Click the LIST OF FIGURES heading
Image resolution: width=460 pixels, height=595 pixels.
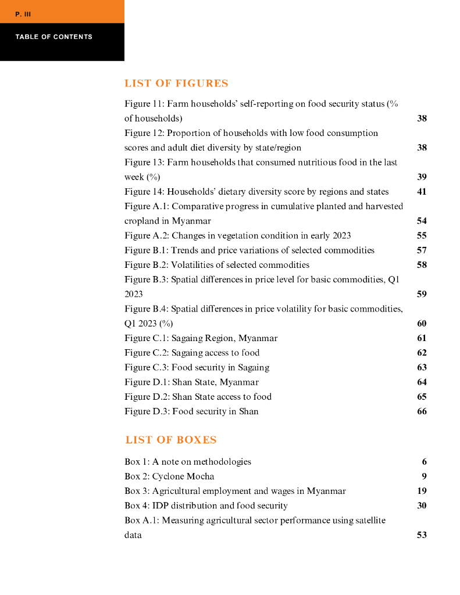pos(176,84)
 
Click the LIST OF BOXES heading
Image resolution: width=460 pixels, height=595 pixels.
pos(171,440)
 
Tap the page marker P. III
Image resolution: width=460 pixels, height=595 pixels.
pos(23,14)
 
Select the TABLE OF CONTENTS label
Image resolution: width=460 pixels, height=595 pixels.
pos(54,37)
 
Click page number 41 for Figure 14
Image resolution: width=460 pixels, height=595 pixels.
pos(422,192)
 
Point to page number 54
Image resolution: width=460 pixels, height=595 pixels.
pos(422,221)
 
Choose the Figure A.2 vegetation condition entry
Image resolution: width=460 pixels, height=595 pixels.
pos(237,236)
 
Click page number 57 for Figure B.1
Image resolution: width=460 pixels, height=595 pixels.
pos(422,250)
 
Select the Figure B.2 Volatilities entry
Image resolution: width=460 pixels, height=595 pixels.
pos(216,265)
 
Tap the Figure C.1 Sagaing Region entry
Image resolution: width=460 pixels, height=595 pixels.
pos(201,338)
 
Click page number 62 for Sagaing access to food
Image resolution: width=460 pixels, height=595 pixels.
pos(422,353)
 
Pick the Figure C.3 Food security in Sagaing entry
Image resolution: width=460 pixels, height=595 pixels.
pos(197,367)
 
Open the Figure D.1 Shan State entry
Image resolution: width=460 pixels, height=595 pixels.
pos(191,382)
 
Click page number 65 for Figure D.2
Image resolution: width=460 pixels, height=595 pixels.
pos(422,397)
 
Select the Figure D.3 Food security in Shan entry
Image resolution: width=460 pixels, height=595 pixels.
pos(191,411)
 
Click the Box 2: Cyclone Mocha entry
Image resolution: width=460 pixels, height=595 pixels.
pos(169,476)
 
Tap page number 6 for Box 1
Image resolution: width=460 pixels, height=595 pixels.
pos(425,462)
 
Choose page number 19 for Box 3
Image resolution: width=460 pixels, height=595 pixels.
pos(422,491)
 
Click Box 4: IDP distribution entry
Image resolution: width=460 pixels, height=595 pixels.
pos(206,506)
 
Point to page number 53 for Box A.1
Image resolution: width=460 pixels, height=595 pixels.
pos(422,535)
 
